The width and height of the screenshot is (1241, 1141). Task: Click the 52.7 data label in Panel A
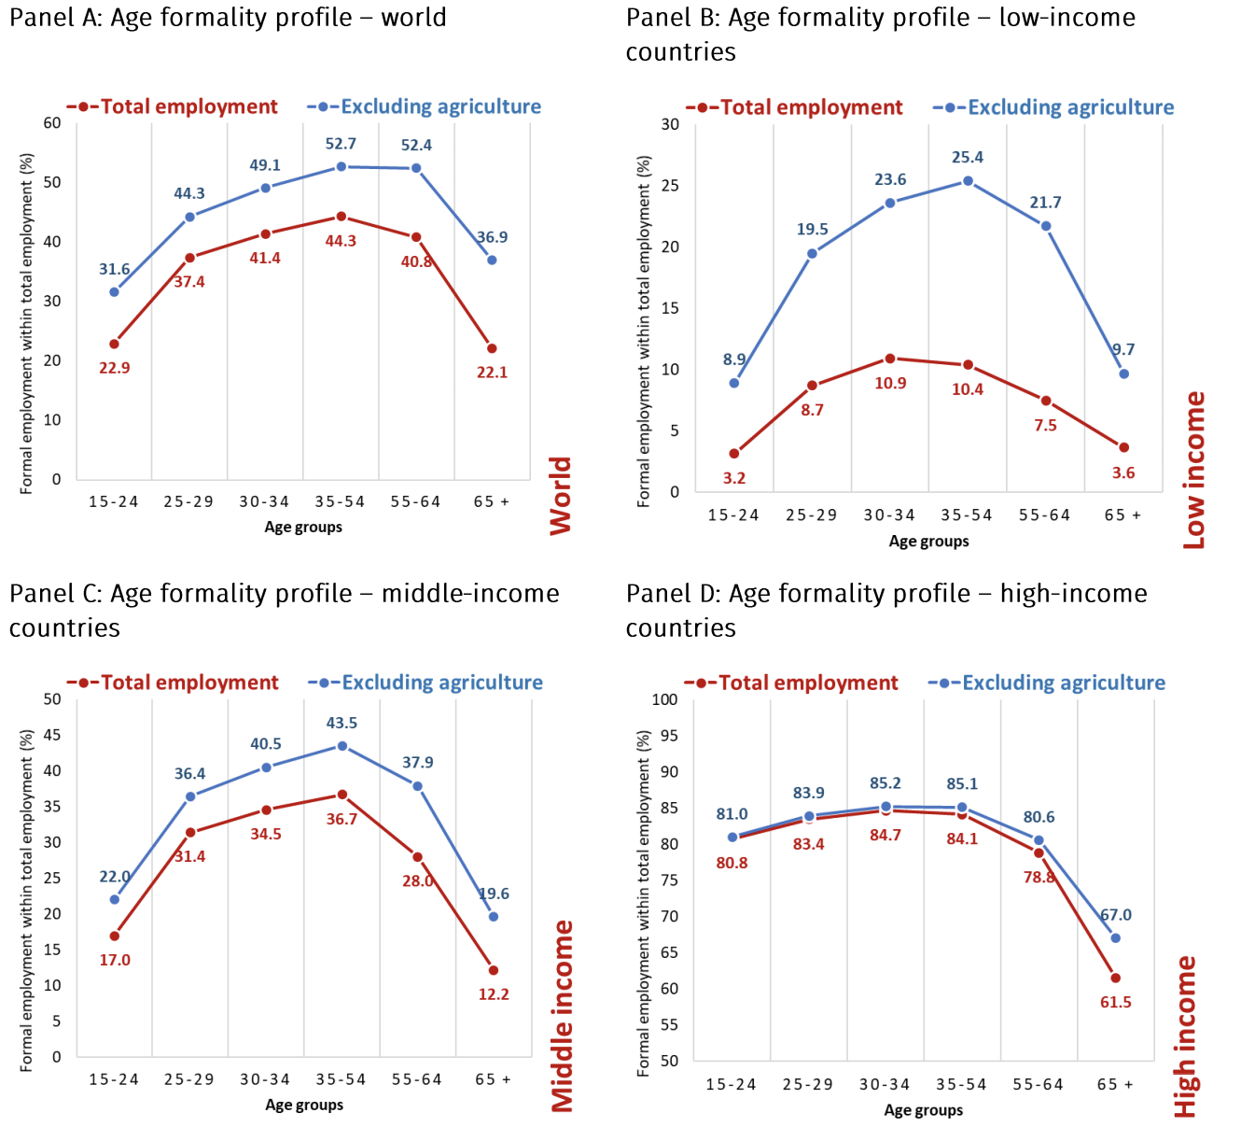click(x=341, y=144)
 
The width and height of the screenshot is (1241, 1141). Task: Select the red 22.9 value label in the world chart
click(x=115, y=368)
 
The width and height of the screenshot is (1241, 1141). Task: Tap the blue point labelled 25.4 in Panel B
click(x=968, y=181)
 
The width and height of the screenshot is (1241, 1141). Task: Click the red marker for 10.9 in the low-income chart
click(x=890, y=359)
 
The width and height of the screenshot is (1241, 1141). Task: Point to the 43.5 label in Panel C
click(x=342, y=724)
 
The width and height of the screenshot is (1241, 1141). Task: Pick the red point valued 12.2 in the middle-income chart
click(x=494, y=970)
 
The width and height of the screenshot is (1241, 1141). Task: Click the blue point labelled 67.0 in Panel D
click(x=1115, y=937)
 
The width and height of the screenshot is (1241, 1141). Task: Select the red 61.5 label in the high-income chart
click(x=1115, y=1003)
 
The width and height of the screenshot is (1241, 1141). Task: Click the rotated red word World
click(x=561, y=496)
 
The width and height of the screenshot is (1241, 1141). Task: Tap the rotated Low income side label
click(x=1194, y=470)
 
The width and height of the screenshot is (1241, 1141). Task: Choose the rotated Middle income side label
click(x=563, y=1016)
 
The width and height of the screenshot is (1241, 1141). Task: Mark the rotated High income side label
click(x=1185, y=1036)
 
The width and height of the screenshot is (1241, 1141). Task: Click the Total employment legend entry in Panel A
click(x=173, y=107)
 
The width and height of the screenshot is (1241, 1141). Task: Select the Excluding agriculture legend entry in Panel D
click(x=1047, y=683)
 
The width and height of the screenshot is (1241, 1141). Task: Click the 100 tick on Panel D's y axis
click(x=664, y=699)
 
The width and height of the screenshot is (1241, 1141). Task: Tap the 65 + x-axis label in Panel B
click(x=1122, y=515)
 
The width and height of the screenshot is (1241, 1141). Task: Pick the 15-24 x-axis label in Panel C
click(x=114, y=1080)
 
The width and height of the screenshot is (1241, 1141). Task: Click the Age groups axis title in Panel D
click(x=923, y=1110)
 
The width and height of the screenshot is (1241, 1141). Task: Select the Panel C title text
click(x=285, y=611)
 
